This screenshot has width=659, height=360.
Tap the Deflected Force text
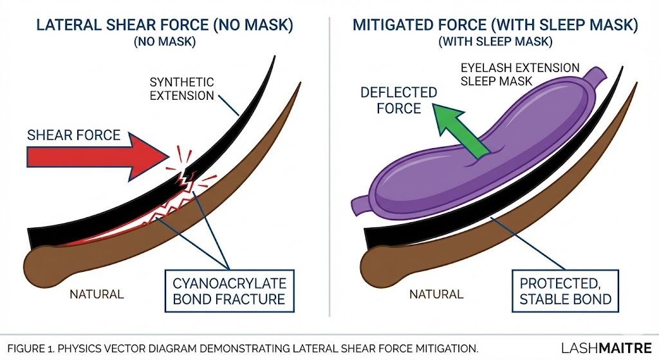click(398, 100)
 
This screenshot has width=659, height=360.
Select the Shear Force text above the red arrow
click(73, 135)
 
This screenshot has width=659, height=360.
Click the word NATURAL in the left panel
click(97, 295)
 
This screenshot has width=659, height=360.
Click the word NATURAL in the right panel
click(436, 295)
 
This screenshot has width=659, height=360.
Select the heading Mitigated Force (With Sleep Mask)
click(495, 26)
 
